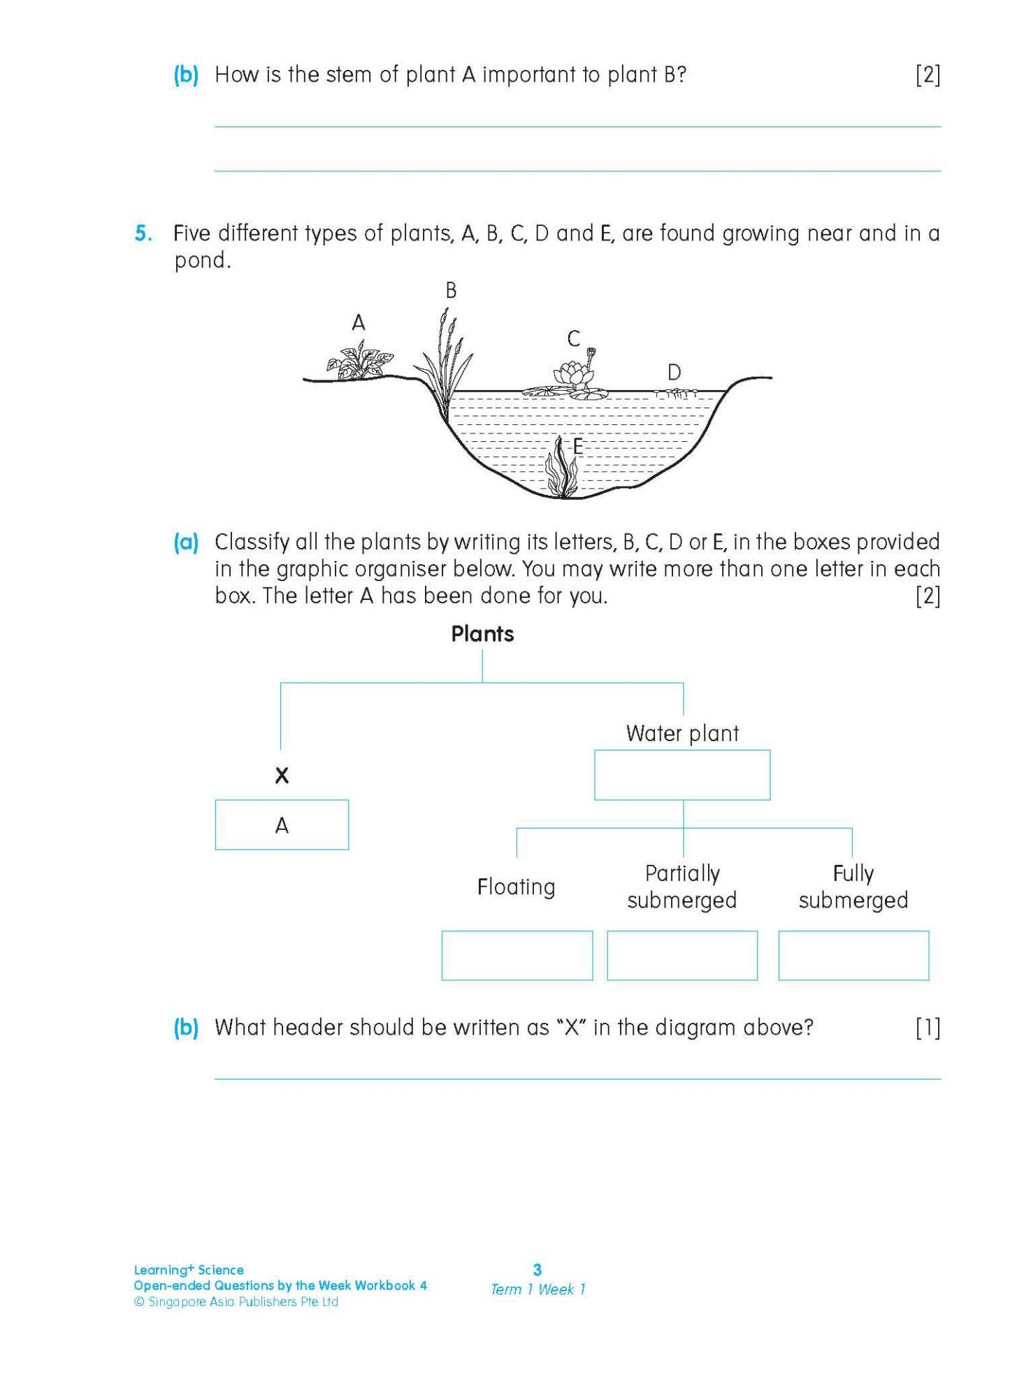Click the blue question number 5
click(143, 234)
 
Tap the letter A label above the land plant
click(359, 323)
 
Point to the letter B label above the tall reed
click(452, 291)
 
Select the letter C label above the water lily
click(574, 339)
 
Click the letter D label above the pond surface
click(674, 373)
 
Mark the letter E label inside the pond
click(578, 447)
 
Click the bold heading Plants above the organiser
click(482, 634)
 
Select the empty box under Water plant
click(682, 775)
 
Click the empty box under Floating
click(517, 955)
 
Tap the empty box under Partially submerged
click(682, 955)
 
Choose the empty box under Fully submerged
click(853, 955)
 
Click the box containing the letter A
click(282, 825)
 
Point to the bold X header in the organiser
click(282, 775)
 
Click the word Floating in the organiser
click(516, 887)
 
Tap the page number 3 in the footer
click(538, 1270)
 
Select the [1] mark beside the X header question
click(928, 1028)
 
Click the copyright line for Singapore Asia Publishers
click(236, 1302)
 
